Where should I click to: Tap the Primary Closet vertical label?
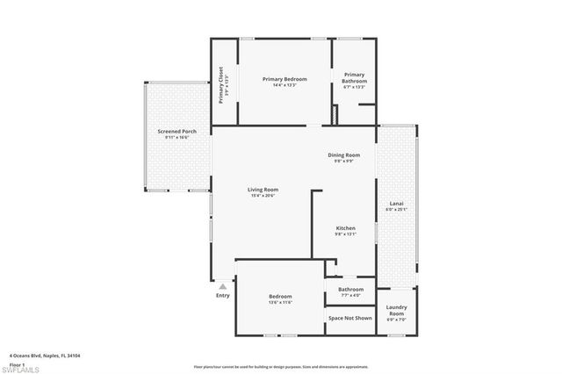coord(221,84)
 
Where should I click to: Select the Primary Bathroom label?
coord(354,77)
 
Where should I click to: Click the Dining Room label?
coord(342,155)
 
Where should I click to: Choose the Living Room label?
coord(263,190)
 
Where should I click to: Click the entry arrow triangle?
coord(223,285)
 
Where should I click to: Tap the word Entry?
coord(223,295)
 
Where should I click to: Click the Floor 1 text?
coord(16,363)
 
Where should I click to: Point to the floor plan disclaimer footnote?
coord(281,365)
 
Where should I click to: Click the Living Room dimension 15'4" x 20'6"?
coord(263,196)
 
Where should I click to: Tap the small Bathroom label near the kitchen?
coord(351,289)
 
